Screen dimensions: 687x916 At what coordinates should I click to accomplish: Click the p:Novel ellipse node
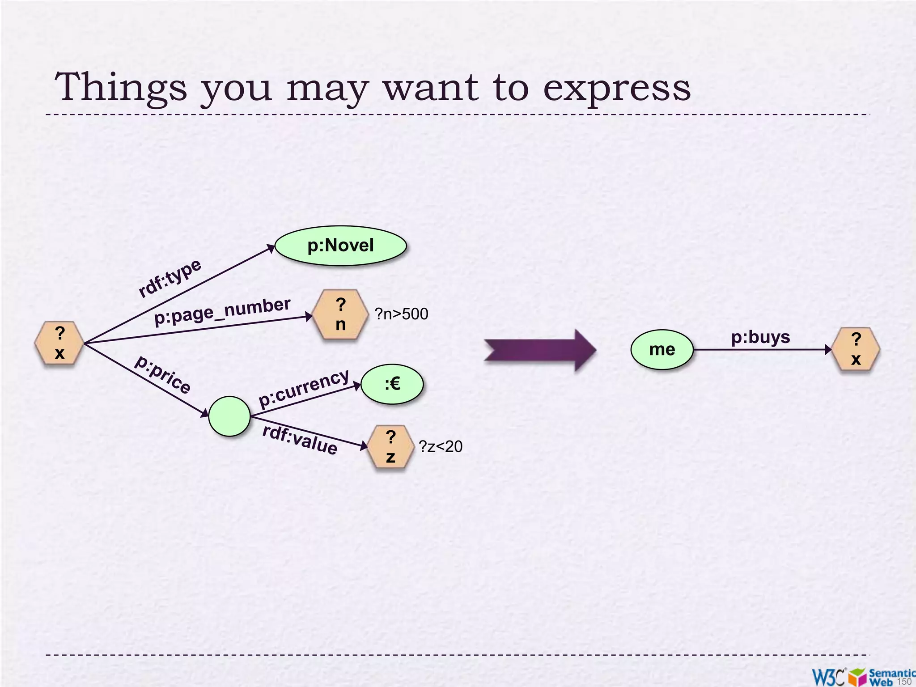[x=340, y=246]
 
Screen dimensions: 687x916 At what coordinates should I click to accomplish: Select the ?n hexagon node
[x=341, y=314]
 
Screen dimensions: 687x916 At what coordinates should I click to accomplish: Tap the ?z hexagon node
[x=390, y=446]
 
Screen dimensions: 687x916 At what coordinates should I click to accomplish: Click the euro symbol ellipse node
[x=392, y=384]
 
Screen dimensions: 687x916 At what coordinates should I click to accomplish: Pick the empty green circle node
[x=229, y=416]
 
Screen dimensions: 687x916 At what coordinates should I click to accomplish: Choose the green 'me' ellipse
[x=662, y=349]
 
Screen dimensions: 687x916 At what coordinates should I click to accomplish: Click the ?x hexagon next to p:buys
[x=856, y=349]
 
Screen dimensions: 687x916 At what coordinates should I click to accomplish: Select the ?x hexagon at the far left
[x=59, y=343]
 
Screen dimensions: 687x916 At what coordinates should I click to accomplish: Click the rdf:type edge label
[x=170, y=278]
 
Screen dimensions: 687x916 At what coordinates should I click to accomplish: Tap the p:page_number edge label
[x=222, y=311]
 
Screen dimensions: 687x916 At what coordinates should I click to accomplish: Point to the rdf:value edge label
[x=300, y=439]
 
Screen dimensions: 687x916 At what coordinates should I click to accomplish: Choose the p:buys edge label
[x=760, y=337]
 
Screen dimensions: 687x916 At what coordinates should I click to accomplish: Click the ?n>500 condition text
[x=401, y=314]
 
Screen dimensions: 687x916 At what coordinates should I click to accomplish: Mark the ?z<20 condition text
[x=441, y=446]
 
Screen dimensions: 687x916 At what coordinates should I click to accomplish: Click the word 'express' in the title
[x=617, y=88]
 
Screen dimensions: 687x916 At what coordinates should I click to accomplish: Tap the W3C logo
[x=828, y=676]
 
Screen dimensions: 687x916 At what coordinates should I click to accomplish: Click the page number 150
[x=904, y=681]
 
